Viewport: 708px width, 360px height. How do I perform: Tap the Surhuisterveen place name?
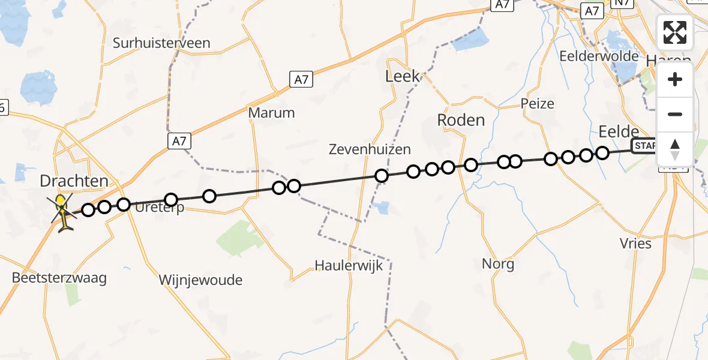[x=161, y=43]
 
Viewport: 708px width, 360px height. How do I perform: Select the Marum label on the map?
[x=272, y=113]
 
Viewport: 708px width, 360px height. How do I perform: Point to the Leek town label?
[x=403, y=76]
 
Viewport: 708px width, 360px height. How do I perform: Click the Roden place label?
[x=461, y=120]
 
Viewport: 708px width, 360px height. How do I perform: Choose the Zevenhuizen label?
[x=370, y=149]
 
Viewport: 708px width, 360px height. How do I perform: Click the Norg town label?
[x=498, y=263]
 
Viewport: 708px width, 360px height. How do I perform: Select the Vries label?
[x=635, y=243]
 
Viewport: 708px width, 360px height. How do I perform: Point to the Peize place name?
[x=538, y=103]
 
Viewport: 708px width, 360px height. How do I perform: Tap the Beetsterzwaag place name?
[x=59, y=278]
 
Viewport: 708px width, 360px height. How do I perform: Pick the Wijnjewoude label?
[x=200, y=280]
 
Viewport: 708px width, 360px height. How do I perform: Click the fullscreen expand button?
[x=675, y=32]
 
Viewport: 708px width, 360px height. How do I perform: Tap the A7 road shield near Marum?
[x=301, y=79]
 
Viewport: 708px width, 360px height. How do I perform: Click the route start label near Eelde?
[x=643, y=146]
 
